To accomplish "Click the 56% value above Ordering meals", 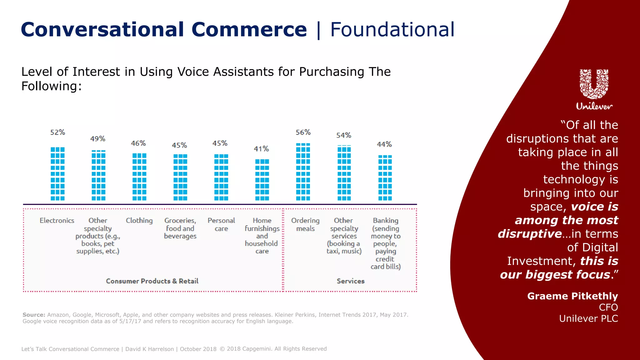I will [303, 132].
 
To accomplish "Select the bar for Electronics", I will [57, 174].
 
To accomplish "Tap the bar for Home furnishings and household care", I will [262, 180].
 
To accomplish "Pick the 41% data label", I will [261, 149].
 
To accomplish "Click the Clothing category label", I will [139, 221].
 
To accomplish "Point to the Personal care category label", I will [221, 224].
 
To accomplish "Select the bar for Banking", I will [385, 178].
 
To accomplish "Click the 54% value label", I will [344, 135].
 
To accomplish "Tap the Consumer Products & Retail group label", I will [152, 281].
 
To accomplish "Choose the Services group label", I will [351, 281].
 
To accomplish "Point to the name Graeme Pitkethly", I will [572, 296].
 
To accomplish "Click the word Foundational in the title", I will [392, 30].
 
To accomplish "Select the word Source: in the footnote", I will [34, 315].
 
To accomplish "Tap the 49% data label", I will [98, 139].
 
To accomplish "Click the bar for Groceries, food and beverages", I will [180, 177].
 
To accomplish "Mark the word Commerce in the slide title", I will [249, 30].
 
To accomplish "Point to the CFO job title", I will [608, 307].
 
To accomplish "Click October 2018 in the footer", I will [198, 349].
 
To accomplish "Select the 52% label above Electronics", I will [58, 132].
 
